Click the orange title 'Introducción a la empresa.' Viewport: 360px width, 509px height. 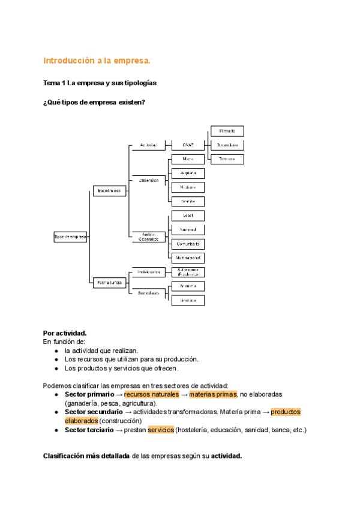(97, 61)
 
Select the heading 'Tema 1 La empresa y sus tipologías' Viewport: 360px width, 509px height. (100, 83)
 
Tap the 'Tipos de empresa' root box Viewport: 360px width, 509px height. (71, 237)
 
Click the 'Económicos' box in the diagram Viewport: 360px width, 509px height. (109, 191)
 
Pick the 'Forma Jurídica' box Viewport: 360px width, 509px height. (109, 282)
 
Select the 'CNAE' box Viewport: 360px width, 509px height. (188, 145)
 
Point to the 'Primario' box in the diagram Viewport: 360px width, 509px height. (227, 131)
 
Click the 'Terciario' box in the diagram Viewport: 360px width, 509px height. (227, 159)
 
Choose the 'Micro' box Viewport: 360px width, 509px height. (188, 159)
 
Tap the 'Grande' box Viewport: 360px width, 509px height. (188, 202)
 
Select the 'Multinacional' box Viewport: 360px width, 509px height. (188, 258)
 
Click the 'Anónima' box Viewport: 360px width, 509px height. (188, 286)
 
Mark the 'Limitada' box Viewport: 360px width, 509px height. (188, 300)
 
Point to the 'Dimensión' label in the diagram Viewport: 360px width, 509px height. (149, 180)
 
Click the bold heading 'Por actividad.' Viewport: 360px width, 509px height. (65, 333)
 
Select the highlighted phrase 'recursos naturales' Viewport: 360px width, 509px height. (151, 394)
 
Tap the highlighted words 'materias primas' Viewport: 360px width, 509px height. (212, 394)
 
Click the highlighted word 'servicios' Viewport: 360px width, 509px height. (161, 430)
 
